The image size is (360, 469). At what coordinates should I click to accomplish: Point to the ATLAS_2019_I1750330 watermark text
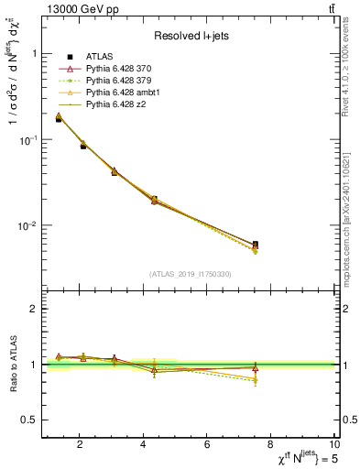click(191, 274)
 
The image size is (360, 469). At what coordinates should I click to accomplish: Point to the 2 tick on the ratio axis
click(33, 309)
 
